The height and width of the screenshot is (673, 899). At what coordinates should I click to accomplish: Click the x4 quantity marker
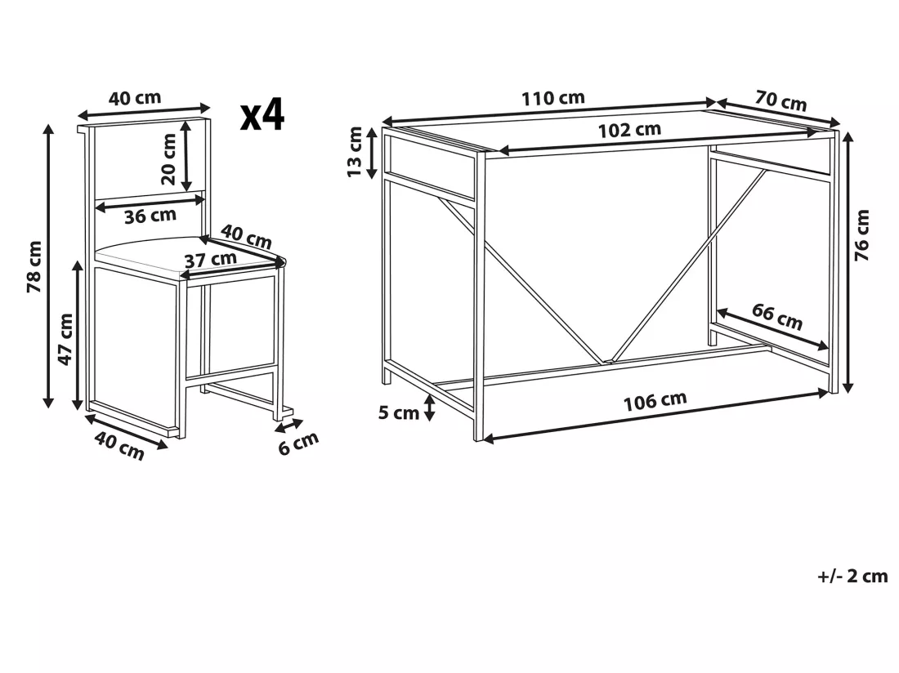(262, 114)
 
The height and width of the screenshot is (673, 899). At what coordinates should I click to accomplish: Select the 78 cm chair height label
(34, 266)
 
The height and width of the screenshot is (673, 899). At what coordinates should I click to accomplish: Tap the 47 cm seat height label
(65, 339)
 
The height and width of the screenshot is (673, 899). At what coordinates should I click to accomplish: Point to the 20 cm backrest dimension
(168, 158)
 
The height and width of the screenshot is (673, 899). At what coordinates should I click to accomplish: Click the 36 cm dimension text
(150, 216)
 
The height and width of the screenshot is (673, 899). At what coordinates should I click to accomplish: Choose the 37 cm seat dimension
(210, 260)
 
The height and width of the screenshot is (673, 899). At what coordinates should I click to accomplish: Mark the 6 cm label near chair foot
(298, 443)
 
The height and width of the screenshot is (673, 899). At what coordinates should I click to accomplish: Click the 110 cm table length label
(552, 98)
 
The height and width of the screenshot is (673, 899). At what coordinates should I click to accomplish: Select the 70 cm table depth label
(780, 100)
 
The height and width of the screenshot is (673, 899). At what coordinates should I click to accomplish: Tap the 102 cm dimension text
(629, 130)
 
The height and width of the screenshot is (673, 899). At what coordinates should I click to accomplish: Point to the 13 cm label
(355, 152)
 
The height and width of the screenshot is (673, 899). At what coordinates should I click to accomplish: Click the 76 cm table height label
(861, 235)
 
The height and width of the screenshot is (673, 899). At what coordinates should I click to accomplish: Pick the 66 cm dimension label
(777, 317)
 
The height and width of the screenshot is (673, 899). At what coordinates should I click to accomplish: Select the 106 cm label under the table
(655, 402)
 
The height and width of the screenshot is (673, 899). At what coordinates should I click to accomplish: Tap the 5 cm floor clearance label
(399, 412)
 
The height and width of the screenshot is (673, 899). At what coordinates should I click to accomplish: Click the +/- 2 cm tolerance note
(852, 576)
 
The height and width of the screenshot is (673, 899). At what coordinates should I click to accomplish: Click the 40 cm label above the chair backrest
(135, 98)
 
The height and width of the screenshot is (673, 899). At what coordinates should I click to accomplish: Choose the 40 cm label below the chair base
(119, 446)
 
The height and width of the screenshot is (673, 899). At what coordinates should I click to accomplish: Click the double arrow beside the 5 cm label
(429, 408)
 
